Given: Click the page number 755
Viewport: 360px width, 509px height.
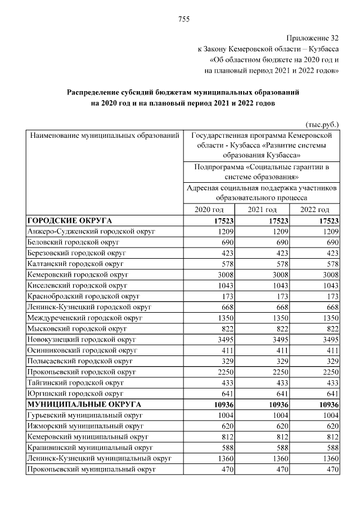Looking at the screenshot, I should (x=184, y=20).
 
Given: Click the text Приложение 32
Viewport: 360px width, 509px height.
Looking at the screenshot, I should (x=313, y=38).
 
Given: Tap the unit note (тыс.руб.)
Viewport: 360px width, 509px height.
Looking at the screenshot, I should (x=322, y=124).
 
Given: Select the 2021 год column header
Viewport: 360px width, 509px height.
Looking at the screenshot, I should (x=262, y=210).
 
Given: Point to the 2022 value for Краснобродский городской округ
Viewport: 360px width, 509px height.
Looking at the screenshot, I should (x=330, y=296).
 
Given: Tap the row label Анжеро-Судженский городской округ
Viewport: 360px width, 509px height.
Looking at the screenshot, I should (x=91, y=232).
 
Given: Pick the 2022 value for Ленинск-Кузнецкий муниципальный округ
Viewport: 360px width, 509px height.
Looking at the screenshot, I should (x=329, y=458).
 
